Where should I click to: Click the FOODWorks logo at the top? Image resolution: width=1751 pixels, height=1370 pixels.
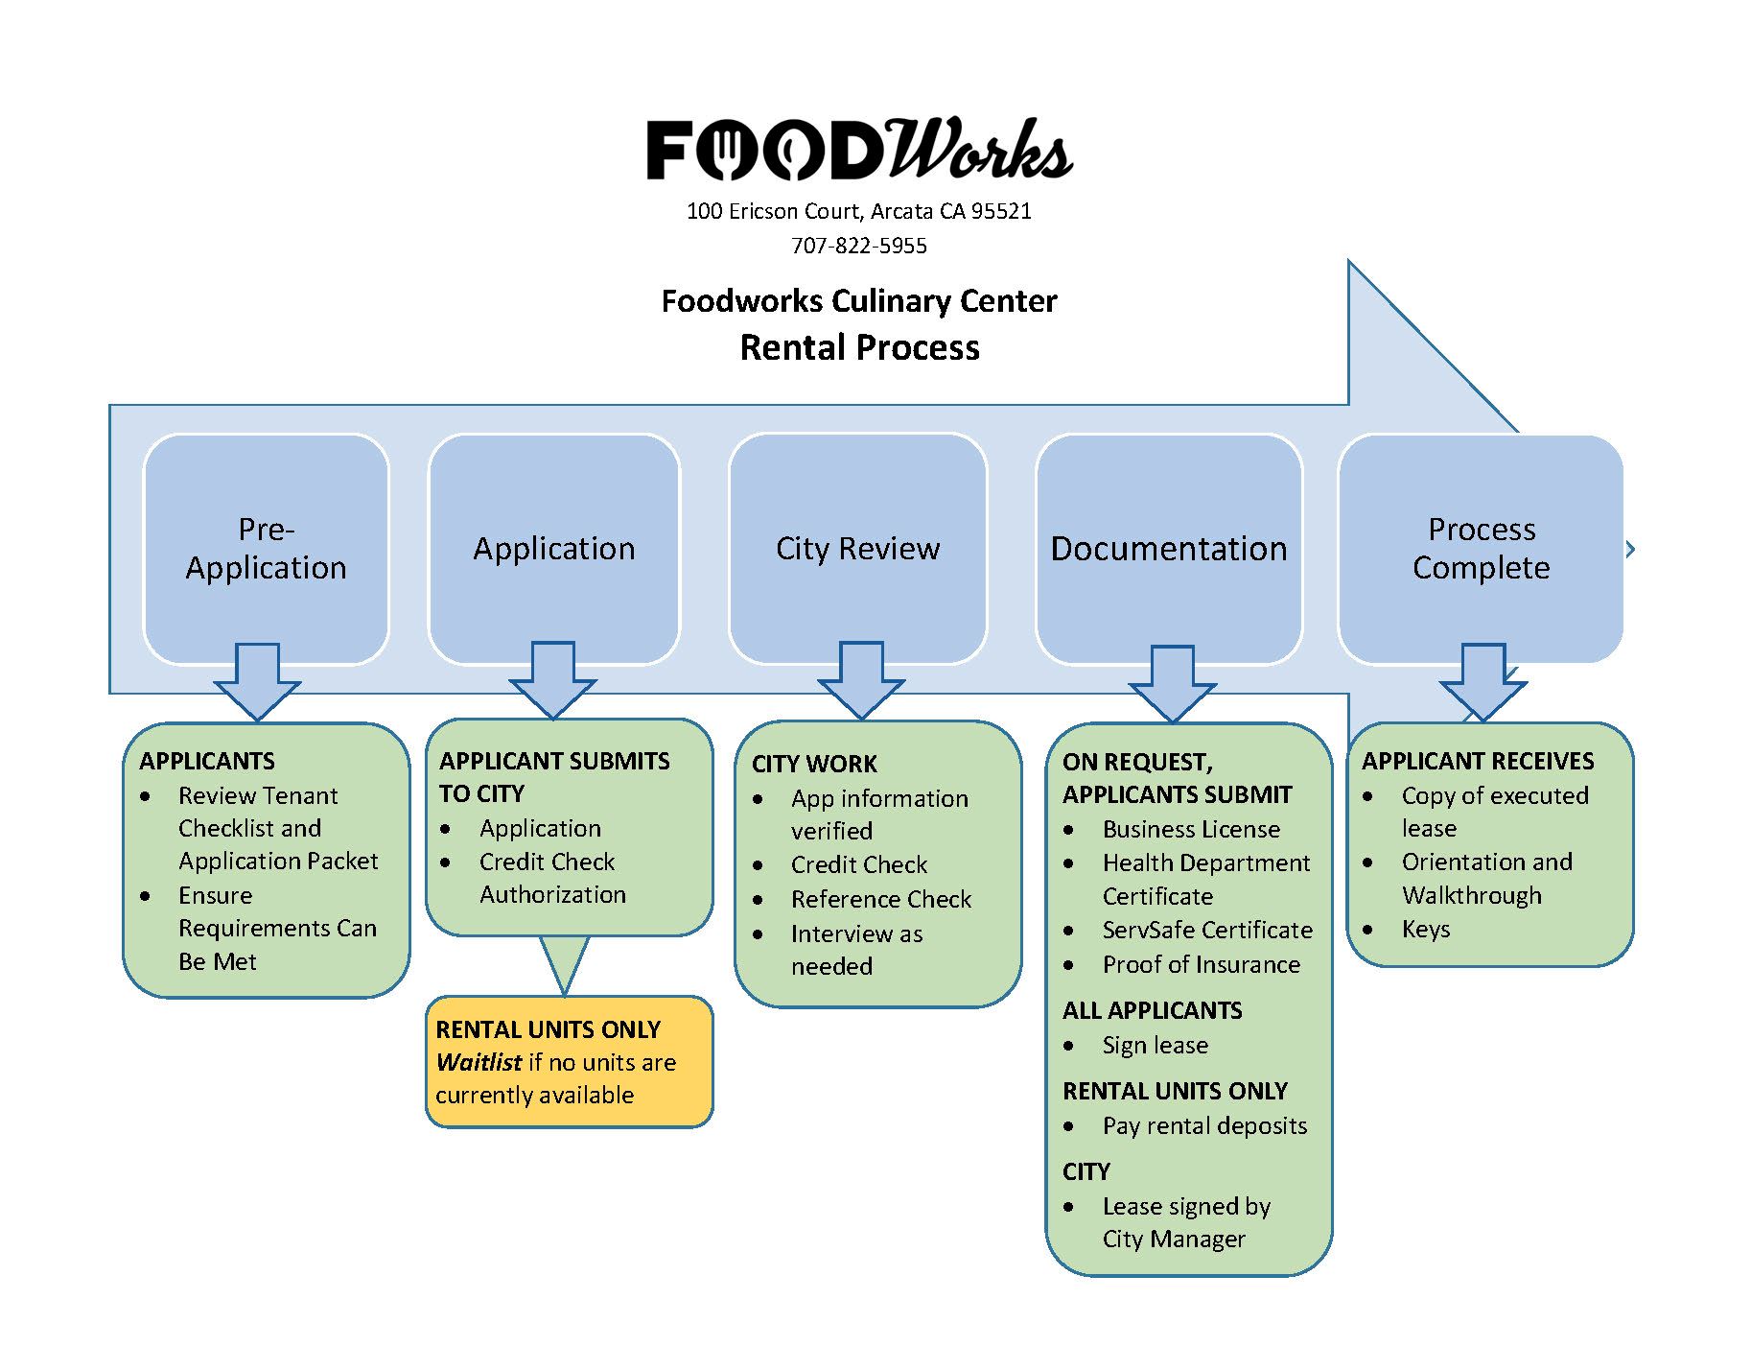click(x=859, y=150)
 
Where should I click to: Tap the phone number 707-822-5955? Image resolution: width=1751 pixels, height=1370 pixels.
click(x=859, y=247)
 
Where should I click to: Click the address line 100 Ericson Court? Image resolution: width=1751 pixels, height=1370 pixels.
click(x=859, y=211)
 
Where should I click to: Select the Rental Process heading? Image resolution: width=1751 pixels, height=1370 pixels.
click(x=859, y=347)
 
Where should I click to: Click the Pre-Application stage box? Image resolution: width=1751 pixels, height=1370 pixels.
click(x=266, y=549)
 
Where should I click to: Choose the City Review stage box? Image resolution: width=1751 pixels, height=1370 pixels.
click(x=857, y=549)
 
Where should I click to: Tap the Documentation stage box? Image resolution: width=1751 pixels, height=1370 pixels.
click(x=1168, y=549)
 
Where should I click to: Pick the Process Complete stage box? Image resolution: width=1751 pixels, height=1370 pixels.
click(x=1481, y=549)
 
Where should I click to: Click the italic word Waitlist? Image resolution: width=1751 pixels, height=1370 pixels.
click(x=479, y=1063)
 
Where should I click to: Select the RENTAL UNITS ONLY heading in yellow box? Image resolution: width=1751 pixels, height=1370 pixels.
click(x=548, y=1030)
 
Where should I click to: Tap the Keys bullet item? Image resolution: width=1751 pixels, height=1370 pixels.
click(x=1426, y=930)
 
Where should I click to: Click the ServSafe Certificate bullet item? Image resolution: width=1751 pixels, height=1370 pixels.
click(x=1206, y=931)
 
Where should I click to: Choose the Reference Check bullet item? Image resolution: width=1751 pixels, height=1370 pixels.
click(x=880, y=900)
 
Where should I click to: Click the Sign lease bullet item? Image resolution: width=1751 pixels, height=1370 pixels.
click(x=1155, y=1046)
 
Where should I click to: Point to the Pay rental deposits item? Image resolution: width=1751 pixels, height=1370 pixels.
click(x=1204, y=1126)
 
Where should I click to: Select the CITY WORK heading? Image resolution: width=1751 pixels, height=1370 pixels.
click(x=814, y=765)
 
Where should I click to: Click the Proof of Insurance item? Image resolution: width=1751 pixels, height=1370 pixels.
click(x=1201, y=965)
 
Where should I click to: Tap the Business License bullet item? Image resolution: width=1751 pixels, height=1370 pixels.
click(x=1191, y=830)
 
